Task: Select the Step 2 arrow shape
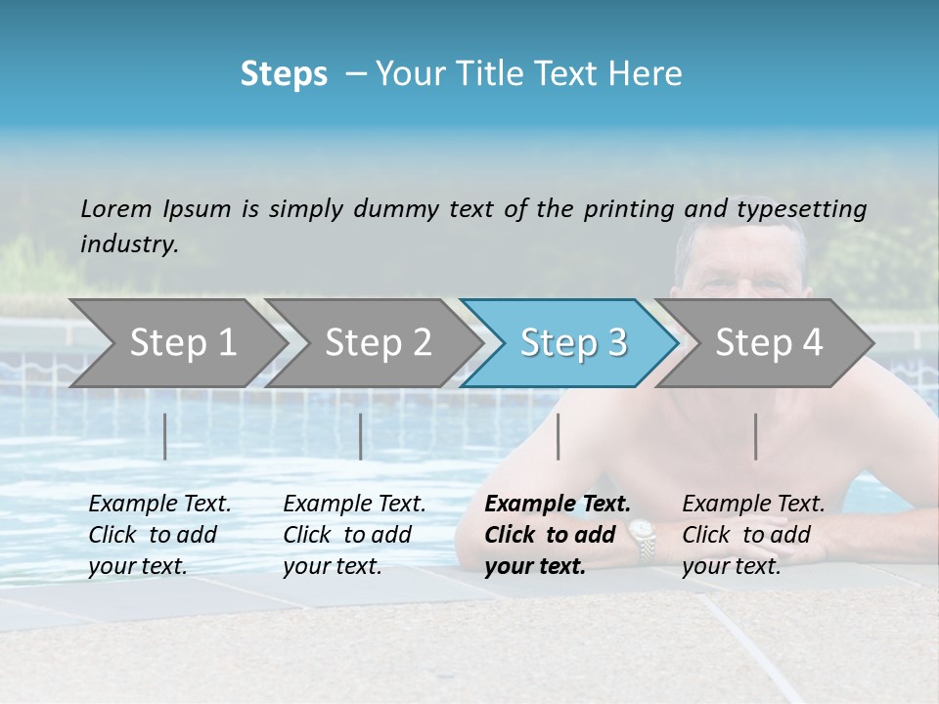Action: tap(377, 343)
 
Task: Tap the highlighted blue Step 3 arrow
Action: tap(571, 343)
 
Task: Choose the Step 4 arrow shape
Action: tap(768, 343)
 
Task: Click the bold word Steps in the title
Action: tap(284, 74)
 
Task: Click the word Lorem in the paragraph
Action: tap(115, 208)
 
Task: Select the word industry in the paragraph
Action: tap(128, 244)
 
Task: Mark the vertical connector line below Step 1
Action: tap(165, 436)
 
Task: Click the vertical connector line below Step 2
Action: tap(361, 436)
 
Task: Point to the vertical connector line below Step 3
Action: tap(559, 436)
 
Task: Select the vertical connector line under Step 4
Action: tap(756, 436)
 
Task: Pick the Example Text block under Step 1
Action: tap(159, 535)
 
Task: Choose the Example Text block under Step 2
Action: tap(354, 535)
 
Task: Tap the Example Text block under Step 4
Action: tap(753, 535)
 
